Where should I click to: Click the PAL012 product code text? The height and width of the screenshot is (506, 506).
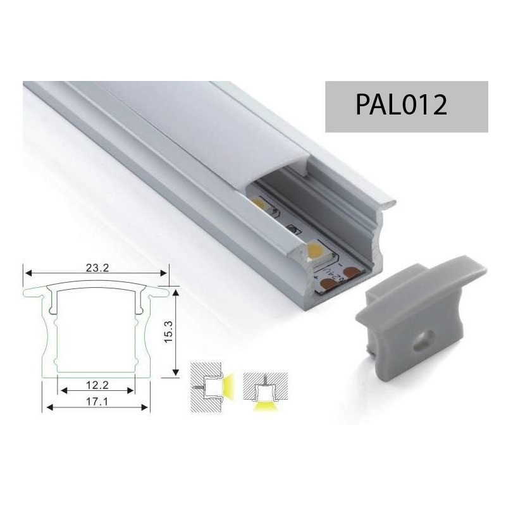click(401, 105)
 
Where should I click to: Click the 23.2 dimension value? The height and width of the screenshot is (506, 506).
click(97, 268)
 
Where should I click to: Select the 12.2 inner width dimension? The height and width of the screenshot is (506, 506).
click(97, 385)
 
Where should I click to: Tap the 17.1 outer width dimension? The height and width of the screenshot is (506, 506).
click(97, 402)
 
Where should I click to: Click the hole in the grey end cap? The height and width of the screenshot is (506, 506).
click(421, 340)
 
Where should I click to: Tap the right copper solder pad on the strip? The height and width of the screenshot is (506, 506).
click(350, 272)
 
